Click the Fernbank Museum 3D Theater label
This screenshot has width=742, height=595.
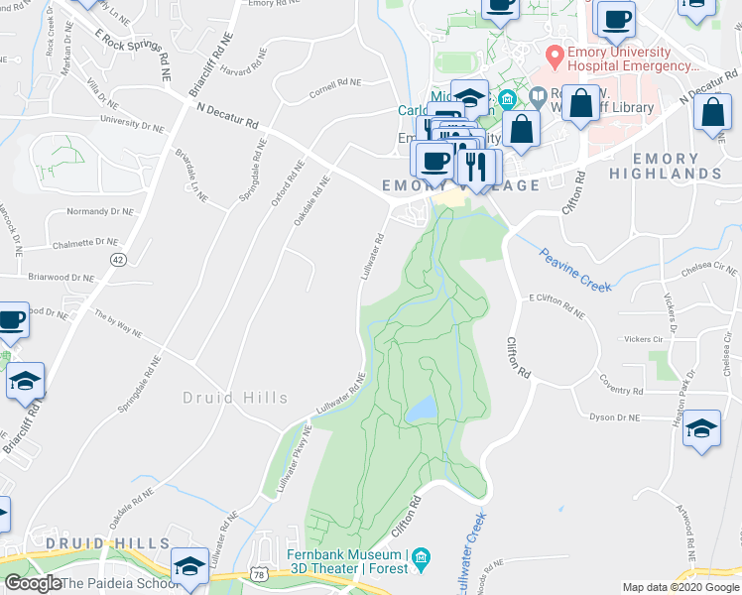click(x=346, y=561)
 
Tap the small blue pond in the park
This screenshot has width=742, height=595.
click(x=422, y=408)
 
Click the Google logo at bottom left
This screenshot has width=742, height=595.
click(x=33, y=584)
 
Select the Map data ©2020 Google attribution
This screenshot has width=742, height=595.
click(x=680, y=587)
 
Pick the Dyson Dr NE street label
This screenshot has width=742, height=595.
click(x=617, y=418)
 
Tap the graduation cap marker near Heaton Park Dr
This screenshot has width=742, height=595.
click(x=701, y=428)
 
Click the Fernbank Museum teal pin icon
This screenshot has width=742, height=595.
click(x=421, y=559)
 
